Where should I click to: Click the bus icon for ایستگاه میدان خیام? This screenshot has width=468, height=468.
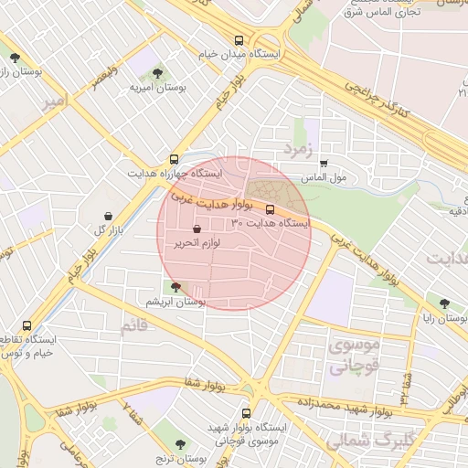tap(239, 40)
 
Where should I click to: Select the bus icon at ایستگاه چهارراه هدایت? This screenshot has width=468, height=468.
tap(175, 158)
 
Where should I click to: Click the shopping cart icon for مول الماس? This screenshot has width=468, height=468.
tap(324, 164)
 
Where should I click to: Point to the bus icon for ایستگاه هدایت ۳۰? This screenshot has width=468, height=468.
tap(269, 208)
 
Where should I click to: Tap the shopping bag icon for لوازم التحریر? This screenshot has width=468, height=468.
tap(197, 229)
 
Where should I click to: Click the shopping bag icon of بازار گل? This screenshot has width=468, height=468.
tap(110, 216)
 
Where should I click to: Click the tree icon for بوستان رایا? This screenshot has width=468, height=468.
tap(444, 303)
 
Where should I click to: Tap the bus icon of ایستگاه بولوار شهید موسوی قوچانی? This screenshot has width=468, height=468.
tap(245, 413)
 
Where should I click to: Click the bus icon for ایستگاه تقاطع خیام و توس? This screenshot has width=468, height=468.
tap(26, 325)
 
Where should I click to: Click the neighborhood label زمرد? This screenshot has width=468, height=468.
tap(299, 147)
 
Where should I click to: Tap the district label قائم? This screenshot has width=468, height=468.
tap(133, 326)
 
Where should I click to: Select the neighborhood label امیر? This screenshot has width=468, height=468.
tap(55, 104)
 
